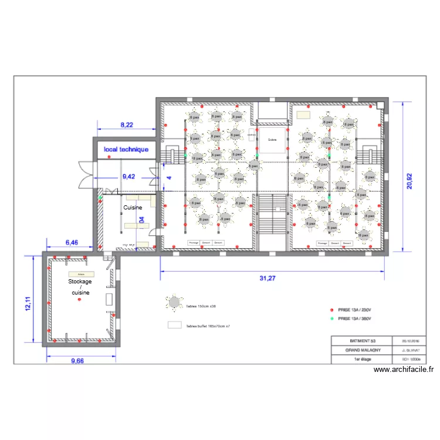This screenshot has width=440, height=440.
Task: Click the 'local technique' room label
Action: (x=126, y=150)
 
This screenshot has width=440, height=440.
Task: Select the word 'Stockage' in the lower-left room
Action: (x=80, y=282)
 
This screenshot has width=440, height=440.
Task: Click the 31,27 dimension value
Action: (x=268, y=279)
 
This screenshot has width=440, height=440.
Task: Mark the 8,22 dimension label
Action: (x=127, y=124)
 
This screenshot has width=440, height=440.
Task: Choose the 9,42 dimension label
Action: (x=128, y=175)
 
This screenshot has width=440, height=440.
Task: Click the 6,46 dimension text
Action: (x=72, y=242)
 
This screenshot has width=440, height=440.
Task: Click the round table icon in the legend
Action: (x=175, y=303)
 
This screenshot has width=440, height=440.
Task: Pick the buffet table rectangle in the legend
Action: (x=175, y=324)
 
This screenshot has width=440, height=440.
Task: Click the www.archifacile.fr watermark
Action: (x=403, y=370)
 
